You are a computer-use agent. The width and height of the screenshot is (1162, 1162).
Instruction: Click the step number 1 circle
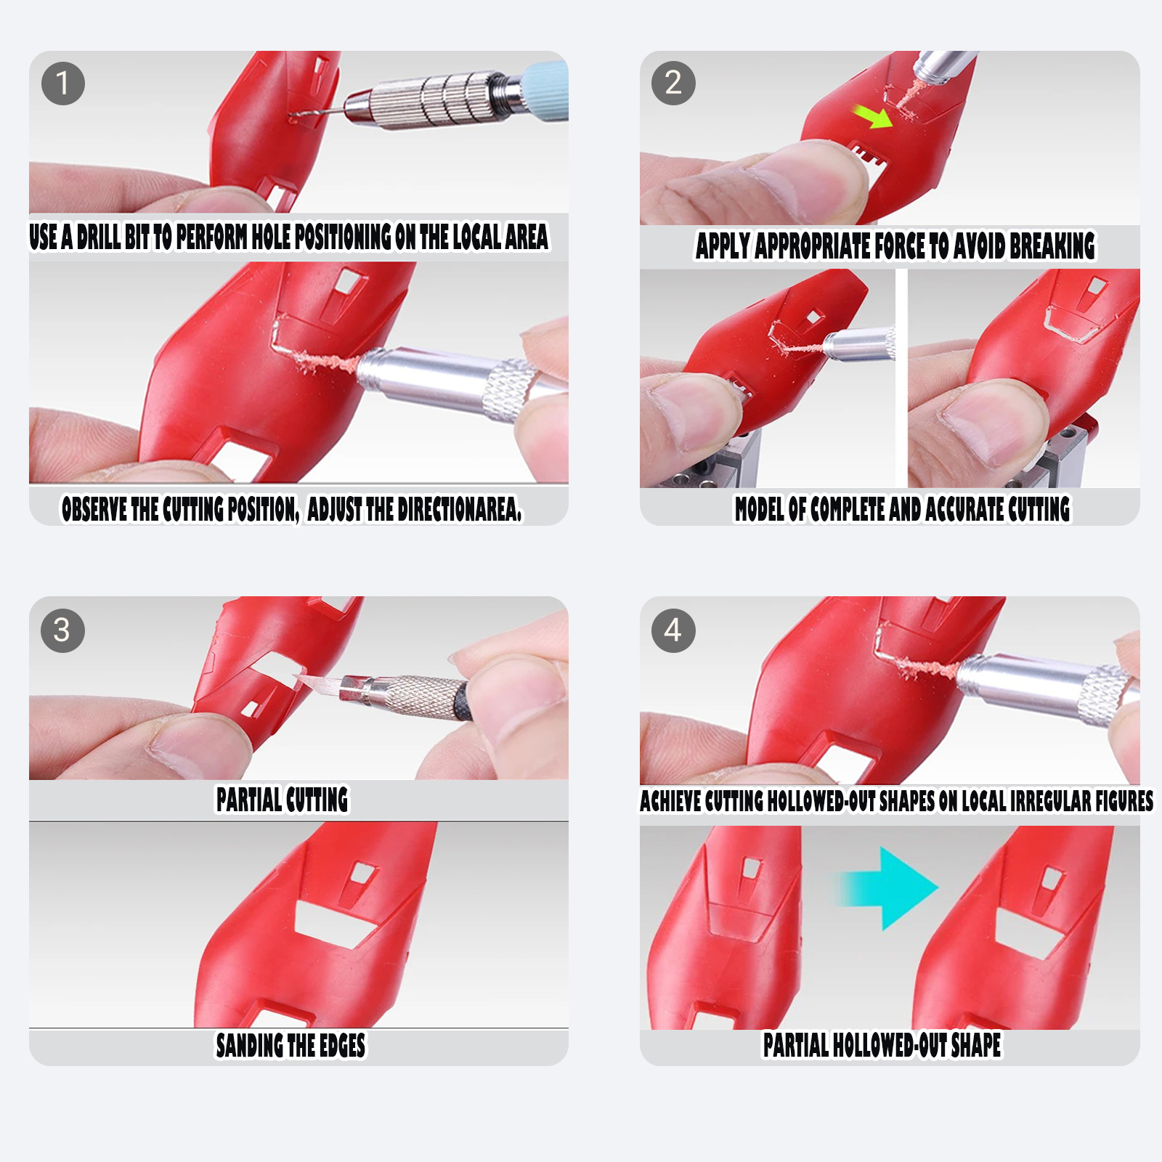pyautogui.click(x=63, y=84)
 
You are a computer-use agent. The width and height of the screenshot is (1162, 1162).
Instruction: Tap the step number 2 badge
pyautogui.click(x=674, y=84)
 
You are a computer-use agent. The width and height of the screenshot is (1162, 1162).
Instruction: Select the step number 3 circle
pyautogui.click(x=63, y=630)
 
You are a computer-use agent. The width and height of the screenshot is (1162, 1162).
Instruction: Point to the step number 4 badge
pyautogui.click(x=674, y=630)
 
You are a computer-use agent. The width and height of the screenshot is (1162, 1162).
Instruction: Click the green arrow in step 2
pyautogui.click(x=873, y=116)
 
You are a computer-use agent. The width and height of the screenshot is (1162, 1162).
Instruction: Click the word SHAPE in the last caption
pyautogui.click(x=976, y=1045)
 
